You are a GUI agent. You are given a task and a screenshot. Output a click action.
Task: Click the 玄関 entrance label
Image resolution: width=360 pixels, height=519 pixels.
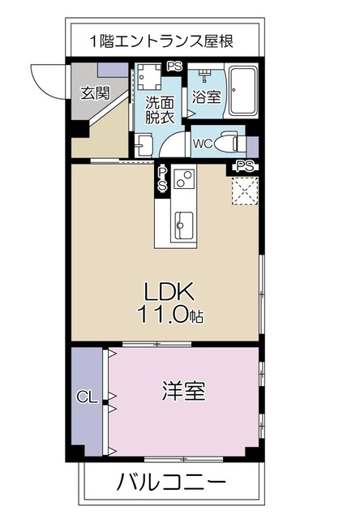95,92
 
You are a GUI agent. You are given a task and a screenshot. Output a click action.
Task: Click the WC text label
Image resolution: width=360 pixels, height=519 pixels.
203,145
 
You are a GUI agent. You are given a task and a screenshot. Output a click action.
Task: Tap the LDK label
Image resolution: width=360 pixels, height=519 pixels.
168,292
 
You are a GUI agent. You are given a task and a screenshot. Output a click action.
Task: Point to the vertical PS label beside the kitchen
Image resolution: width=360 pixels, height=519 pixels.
162,179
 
